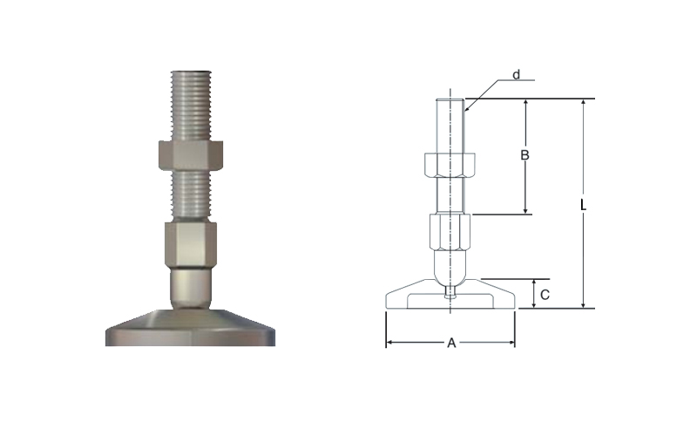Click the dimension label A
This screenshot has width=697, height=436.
pyautogui.click(x=451, y=343)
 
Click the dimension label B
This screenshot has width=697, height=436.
pyautogui.click(x=525, y=155)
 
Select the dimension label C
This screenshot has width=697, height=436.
pyautogui.click(x=545, y=295)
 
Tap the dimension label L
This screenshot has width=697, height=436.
pyautogui.click(x=584, y=205)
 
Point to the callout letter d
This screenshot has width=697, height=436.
pyautogui.click(x=516, y=75)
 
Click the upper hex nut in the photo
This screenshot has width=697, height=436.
pyautogui.click(x=190, y=156)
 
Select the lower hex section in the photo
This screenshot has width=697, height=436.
pyautogui.click(x=191, y=245)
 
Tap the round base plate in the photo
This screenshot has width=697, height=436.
pyautogui.click(x=190, y=328)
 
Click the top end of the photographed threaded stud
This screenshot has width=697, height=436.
pyautogui.click(x=191, y=72)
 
